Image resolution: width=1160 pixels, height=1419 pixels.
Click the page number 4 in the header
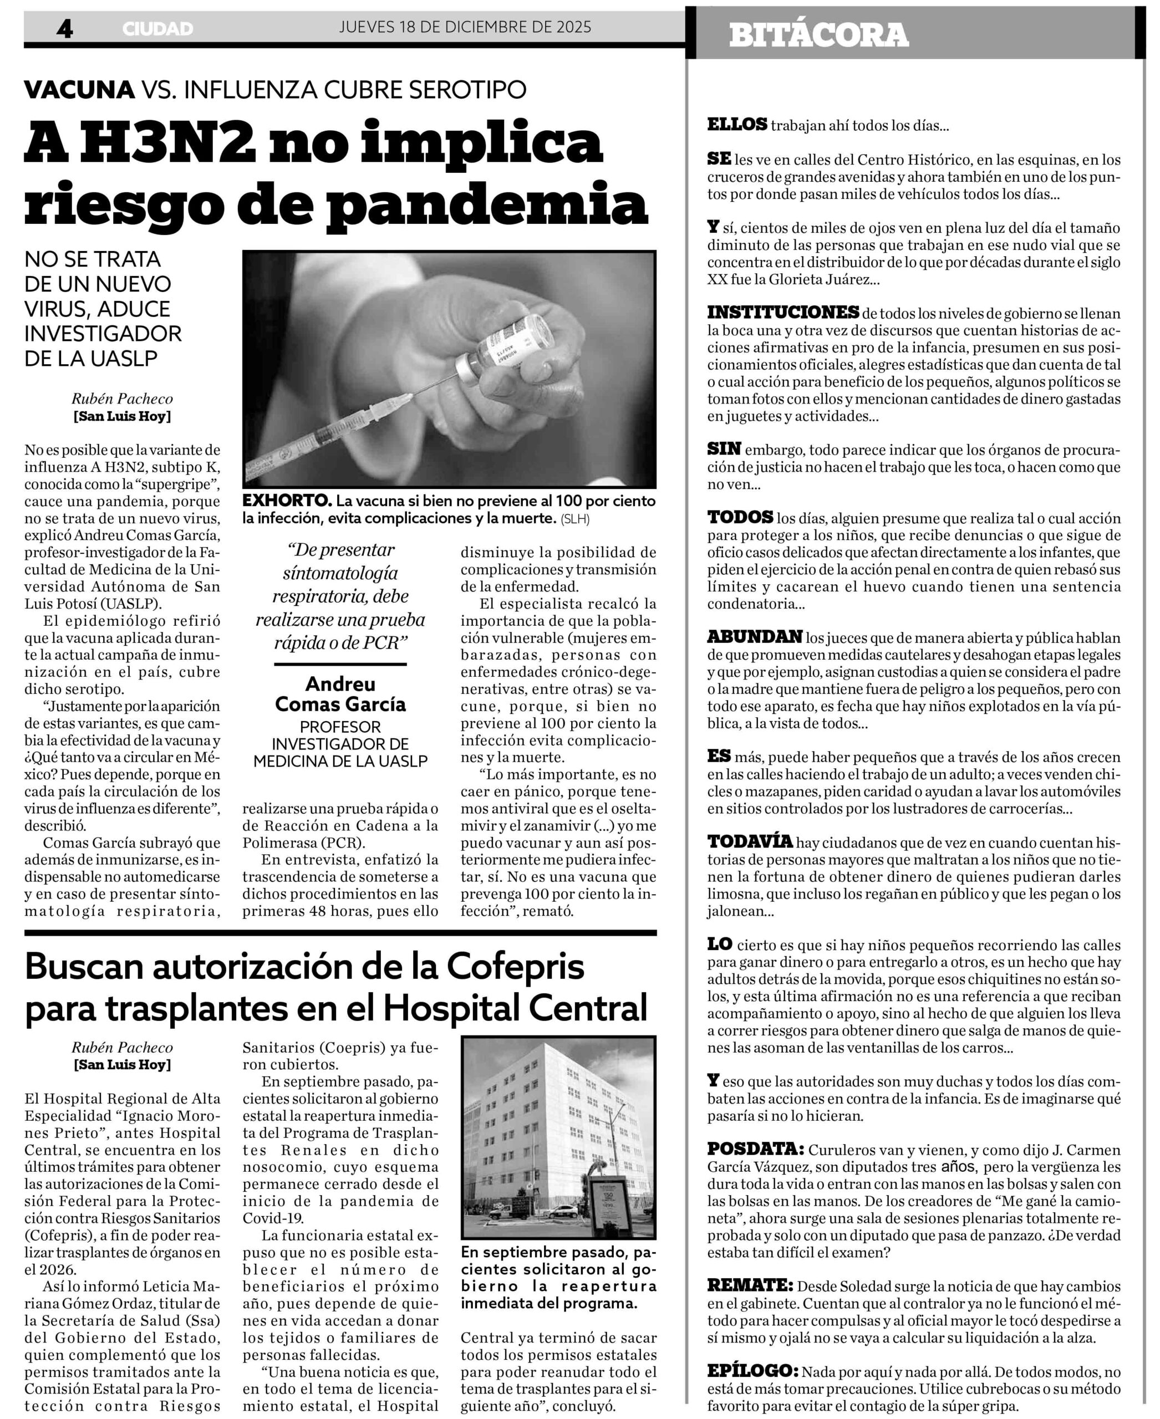(64, 29)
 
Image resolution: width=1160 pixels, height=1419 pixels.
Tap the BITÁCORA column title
(818, 35)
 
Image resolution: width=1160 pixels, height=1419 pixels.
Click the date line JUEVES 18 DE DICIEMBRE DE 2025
(465, 27)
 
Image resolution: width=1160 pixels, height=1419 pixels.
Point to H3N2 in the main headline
(169, 143)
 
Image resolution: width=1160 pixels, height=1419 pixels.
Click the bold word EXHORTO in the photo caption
(286, 501)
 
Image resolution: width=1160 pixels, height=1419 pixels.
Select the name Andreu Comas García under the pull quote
(340, 693)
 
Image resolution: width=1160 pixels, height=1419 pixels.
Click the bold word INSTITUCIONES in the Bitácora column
(782, 312)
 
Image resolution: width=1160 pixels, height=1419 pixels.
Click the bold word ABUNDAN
(755, 637)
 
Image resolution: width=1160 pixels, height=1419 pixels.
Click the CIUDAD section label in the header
(157, 29)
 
